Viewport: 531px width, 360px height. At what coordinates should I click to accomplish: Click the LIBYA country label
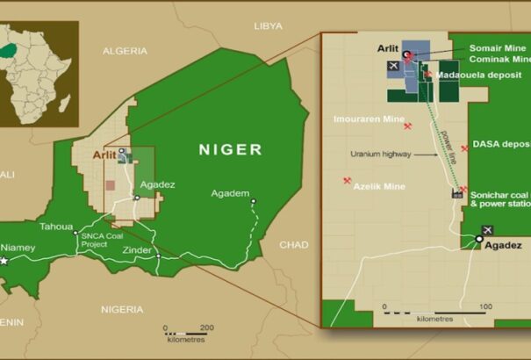[268, 26]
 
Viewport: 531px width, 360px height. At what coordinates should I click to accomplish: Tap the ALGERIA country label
[125, 51]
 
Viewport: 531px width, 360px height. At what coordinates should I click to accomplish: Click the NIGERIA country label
[121, 309]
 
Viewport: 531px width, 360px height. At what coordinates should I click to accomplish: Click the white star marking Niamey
[5, 261]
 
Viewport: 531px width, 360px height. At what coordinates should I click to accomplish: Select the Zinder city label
[136, 250]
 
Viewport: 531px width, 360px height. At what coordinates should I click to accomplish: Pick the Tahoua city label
[56, 226]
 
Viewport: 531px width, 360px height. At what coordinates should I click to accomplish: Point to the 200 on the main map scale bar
[206, 328]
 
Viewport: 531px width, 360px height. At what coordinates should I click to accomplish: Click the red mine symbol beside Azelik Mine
[348, 182]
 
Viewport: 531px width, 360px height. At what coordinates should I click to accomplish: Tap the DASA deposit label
[501, 143]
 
